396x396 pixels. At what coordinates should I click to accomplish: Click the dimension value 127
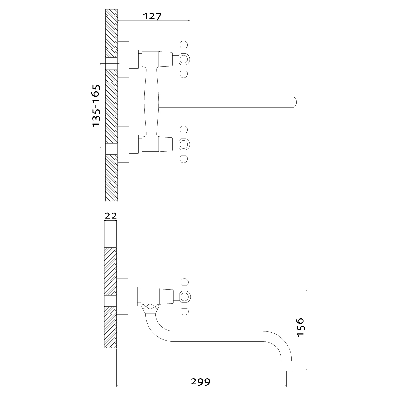pos(152,16)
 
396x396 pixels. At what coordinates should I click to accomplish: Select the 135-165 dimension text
pos(96,106)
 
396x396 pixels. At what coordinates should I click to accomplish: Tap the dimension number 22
pos(111,216)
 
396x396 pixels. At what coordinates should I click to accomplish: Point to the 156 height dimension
pos(300,327)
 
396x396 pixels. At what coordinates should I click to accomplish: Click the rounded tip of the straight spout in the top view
pos(295,102)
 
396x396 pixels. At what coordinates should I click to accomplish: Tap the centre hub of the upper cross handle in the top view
pos(184,59)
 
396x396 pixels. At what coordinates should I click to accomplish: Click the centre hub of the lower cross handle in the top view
pos(184,145)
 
